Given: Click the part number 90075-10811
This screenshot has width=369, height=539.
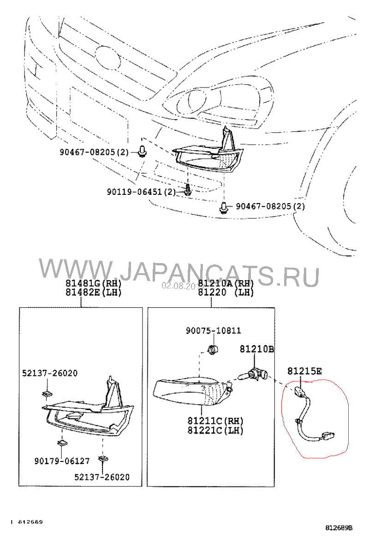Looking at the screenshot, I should tap(213, 331).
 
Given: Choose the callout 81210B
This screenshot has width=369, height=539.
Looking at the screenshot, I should tap(256, 350).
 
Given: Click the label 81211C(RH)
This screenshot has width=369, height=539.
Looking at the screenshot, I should tap(215, 422).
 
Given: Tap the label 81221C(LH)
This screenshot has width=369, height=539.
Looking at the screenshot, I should tap(215, 430).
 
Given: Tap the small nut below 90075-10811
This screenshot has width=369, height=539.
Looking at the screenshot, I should tap(213, 349).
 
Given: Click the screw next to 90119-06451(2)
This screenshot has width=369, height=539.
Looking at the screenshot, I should tap(187, 189).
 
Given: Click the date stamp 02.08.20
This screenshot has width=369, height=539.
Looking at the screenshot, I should tap(172, 286).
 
